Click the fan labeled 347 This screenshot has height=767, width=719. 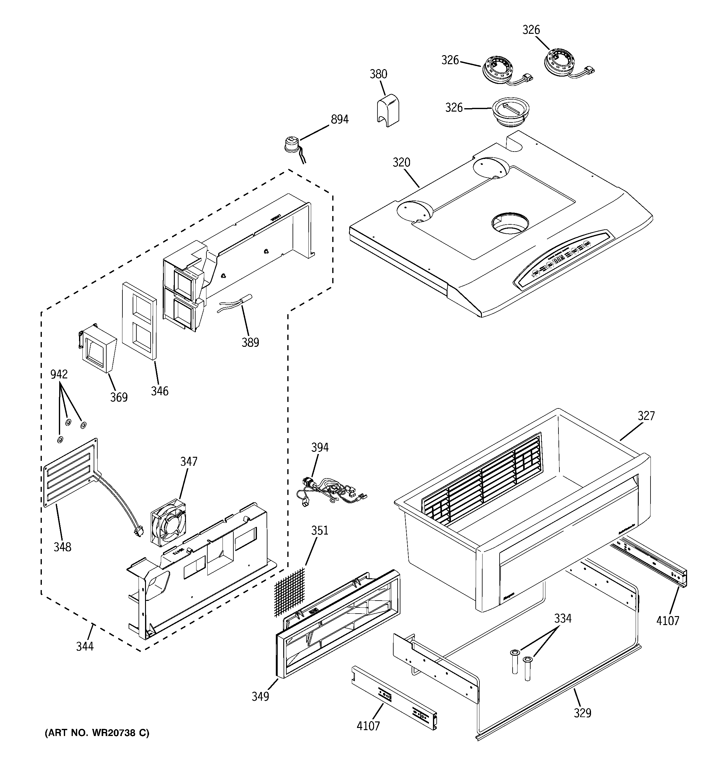pyautogui.click(x=168, y=523)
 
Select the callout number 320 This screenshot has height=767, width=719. pyautogui.click(x=401, y=162)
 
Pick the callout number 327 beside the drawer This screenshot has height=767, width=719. pyautogui.click(x=646, y=416)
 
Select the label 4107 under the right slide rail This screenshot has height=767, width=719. pyautogui.click(x=668, y=621)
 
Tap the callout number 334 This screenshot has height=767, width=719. pyautogui.click(x=563, y=619)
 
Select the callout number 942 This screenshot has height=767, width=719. pyautogui.click(x=59, y=374)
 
